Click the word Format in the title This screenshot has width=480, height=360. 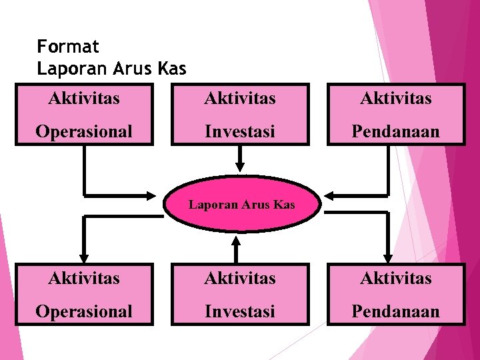(x=68, y=47)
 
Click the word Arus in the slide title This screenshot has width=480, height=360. (x=131, y=68)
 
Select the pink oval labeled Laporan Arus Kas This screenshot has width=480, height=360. (x=241, y=204)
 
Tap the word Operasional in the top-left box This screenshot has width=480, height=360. (x=84, y=131)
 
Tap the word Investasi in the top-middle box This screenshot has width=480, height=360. (x=240, y=131)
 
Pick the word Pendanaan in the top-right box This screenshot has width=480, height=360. (x=396, y=131)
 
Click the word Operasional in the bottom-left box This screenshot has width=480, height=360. (x=84, y=311)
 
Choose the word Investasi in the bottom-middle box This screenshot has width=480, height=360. (x=240, y=311)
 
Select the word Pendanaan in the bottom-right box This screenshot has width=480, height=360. (x=396, y=311)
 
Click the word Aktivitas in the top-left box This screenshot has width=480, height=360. (x=84, y=99)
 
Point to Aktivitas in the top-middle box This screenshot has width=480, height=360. (x=240, y=99)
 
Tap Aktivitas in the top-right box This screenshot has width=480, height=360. (x=396, y=99)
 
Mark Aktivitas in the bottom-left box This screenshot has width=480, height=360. (x=84, y=278)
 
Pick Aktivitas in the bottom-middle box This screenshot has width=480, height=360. (x=240, y=278)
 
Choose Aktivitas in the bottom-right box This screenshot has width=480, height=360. (x=396, y=278)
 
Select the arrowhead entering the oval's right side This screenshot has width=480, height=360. (x=329, y=195)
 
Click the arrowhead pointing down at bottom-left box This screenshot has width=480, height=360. (x=84, y=257)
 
